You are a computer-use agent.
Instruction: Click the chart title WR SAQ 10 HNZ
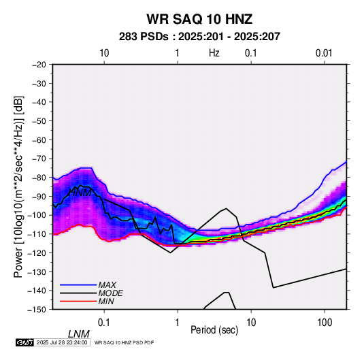(x=199, y=19)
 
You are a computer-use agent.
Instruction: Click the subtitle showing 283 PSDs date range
(x=199, y=37)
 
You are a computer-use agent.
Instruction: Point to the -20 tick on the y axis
(x=39, y=65)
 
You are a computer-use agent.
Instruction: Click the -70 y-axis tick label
(x=39, y=159)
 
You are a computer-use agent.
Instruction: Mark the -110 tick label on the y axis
(x=37, y=234)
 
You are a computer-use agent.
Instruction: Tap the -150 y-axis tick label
(x=37, y=310)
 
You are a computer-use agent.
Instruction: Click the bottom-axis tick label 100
(x=325, y=323)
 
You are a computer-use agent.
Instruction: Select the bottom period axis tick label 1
(x=178, y=323)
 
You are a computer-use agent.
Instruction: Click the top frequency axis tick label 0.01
(x=324, y=53)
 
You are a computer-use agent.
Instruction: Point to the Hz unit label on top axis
(x=214, y=53)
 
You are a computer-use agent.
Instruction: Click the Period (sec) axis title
(x=214, y=330)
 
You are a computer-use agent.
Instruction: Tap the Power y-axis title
(x=18, y=186)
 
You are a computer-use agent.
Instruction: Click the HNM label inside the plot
(x=80, y=193)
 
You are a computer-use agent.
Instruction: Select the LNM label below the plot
(x=79, y=334)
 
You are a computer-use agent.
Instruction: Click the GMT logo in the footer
(x=24, y=342)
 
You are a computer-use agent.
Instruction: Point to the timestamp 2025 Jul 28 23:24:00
(x=62, y=342)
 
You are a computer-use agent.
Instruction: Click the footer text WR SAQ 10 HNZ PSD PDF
(x=125, y=342)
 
